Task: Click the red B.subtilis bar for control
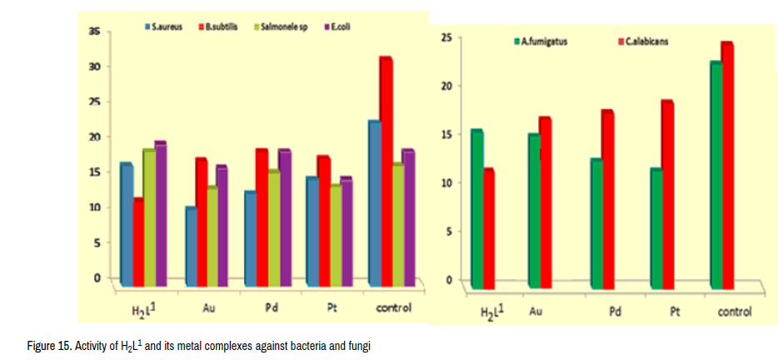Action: tap(386, 171)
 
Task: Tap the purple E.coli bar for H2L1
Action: tap(160, 213)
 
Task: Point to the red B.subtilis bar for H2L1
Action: tap(138, 242)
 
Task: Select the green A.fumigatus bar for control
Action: tap(716, 175)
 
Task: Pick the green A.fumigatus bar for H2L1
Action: tap(476, 208)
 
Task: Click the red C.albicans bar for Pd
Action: tap(607, 200)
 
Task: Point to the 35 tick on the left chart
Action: tap(95, 32)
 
